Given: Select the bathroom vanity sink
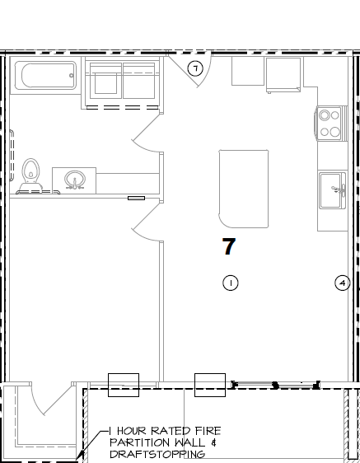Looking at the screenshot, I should pyautogui.click(x=74, y=179).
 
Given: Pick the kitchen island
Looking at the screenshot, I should pyautogui.click(x=243, y=189).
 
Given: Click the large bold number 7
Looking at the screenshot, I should pyautogui.click(x=229, y=246).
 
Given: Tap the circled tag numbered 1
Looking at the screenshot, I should pyautogui.click(x=231, y=283).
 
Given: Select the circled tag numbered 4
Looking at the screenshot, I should pyautogui.click(x=343, y=283).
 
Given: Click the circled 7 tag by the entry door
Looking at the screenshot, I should pyautogui.click(x=195, y=69).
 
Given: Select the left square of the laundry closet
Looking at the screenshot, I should pyautogui.click(x=103, y=83).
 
